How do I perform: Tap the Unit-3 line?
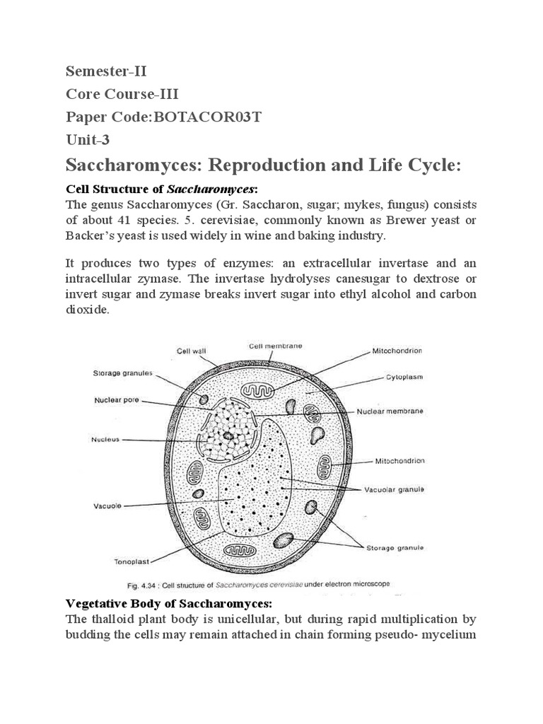[88, 139]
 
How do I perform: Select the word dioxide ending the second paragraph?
[88, 310]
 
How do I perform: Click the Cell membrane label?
[275, 346]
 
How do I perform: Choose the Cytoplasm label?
[404, 377]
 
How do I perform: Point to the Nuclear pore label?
[117, 400]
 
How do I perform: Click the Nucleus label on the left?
[105, 439]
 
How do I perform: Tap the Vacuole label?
[107, 506]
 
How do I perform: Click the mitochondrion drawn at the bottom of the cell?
[238, 549]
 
